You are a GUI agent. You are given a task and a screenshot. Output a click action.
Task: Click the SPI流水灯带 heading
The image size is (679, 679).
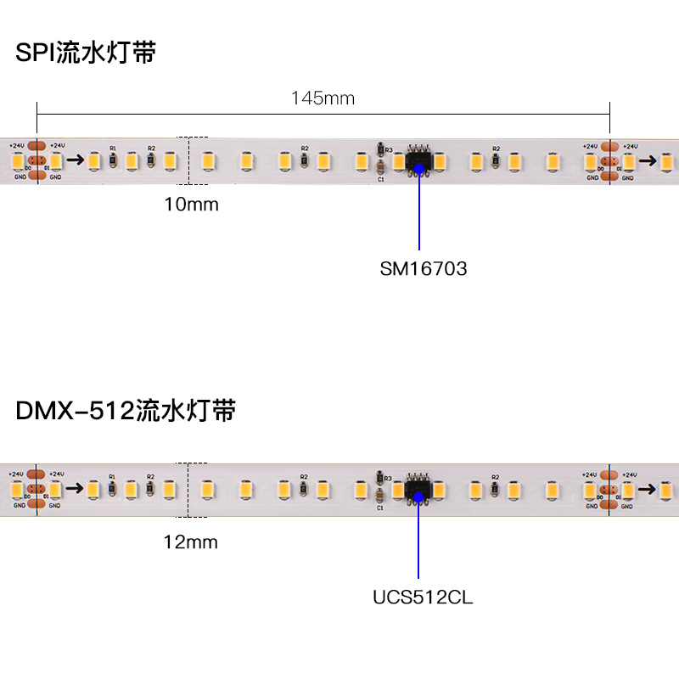pyautogui.click(x=86, y=53)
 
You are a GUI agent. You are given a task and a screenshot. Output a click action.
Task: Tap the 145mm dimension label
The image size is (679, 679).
pyautogui.click(x=323, y=98)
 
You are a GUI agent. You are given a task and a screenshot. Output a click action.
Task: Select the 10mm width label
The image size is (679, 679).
pyautogui.click(x=191, y=205)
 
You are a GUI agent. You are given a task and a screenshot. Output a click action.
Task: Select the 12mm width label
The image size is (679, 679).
pyautogui.click(x=191, y=542)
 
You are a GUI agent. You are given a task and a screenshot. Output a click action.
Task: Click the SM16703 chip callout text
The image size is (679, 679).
pyautogui.click(x=424, y=269)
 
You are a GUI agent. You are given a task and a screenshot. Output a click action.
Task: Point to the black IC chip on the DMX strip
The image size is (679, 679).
pyautogui.click(x=418, y=489)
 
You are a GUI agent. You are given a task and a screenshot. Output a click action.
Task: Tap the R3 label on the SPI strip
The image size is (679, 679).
pyautogui.click(x=389, y=150)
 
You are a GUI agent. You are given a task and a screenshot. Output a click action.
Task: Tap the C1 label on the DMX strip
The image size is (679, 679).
pyautogui.click(x=380, y=508)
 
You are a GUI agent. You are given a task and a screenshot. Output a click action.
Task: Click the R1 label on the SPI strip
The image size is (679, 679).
pyautogui.click(x=113, y=148)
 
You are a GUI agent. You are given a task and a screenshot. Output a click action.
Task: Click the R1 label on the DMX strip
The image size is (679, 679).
pyautogui.click(x=113, y=477)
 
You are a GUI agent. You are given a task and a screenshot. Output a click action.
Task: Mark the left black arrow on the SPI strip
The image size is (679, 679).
pyautogui.click(x=76, y=159)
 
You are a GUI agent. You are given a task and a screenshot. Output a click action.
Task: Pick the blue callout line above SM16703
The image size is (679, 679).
pyautogui.click(x=419, y=212)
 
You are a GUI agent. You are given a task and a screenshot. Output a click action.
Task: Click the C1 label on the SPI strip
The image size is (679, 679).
pyautogui.click(x=380, y=179)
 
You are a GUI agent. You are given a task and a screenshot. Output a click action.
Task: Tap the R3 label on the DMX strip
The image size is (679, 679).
pyautogui.click(x=389, y=480)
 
